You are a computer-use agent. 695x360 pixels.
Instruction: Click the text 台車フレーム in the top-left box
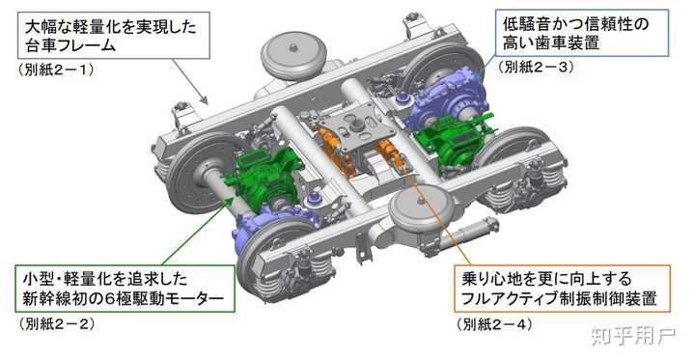[x=84, y=44]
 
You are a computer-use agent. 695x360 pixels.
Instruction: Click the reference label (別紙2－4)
[x=493, y=324]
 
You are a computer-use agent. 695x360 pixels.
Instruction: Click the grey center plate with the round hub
[x=358, y=125]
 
